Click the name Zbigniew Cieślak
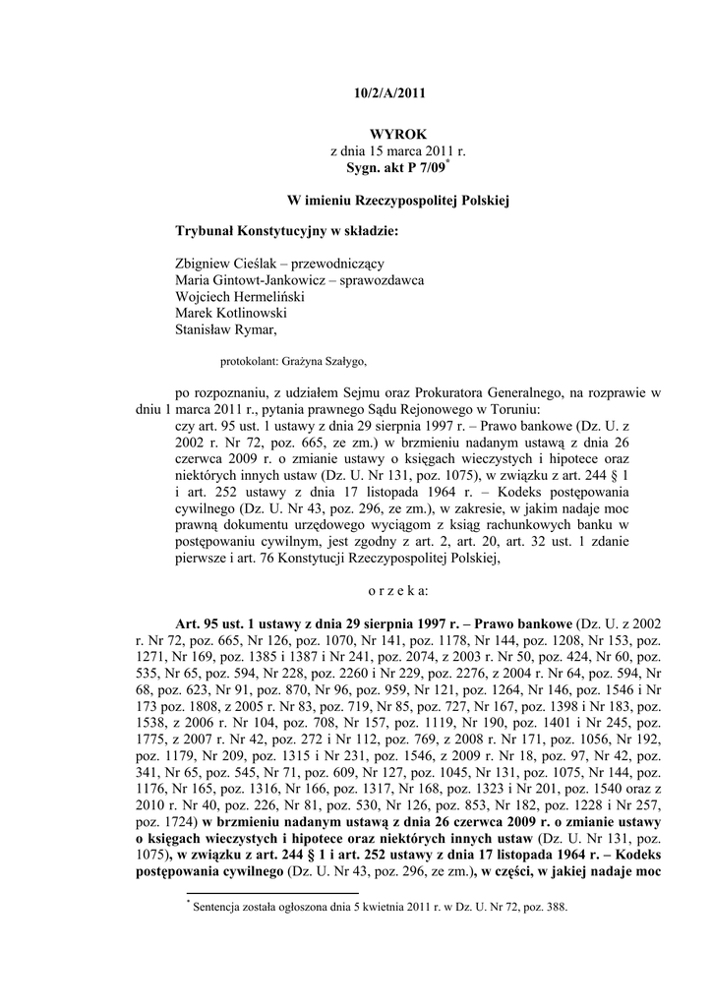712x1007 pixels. tap(220, 263)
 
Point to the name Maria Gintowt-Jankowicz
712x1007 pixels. tap(247, 280)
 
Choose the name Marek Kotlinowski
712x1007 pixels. tap(224, 314)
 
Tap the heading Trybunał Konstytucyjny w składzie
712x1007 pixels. tap(286, 231)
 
